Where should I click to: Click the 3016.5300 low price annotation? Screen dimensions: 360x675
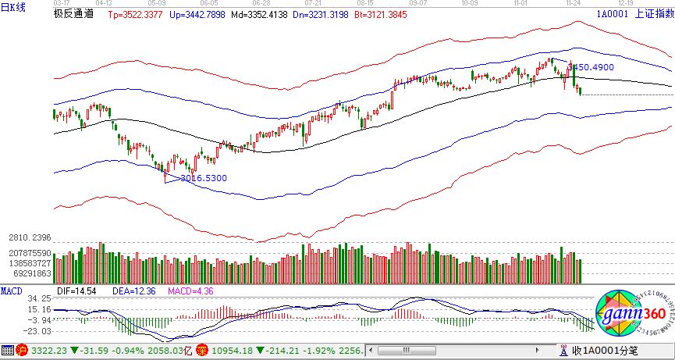[x=203, y=178]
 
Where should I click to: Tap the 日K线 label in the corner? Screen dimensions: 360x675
[x=13, y=7]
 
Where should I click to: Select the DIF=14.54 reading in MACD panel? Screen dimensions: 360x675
[x=76, y=290]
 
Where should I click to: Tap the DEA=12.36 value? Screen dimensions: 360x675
[x=130, y=290]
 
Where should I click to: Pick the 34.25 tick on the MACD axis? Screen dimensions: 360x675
[x=39, y=299]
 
